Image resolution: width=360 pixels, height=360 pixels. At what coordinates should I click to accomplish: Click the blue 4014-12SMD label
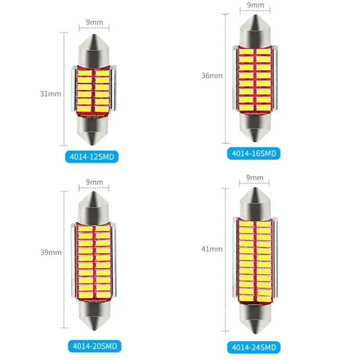pyautogui.click(x=92, y=157)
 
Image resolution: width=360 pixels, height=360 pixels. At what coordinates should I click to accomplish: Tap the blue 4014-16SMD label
pyautogui.click(x=254, y=153)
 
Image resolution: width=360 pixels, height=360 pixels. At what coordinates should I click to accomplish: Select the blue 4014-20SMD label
pyautogui.click(x=94, y=346)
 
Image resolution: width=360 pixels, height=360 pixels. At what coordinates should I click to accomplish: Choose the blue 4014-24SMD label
pyautogui.click(x=254, y=347)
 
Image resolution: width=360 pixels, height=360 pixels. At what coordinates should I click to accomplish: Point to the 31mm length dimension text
pyautogui.click(x=50, y=94)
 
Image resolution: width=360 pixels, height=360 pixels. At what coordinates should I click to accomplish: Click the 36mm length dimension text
pyautogui.click(x=212, y=76)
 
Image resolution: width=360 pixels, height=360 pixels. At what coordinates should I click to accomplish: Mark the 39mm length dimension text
pyautogui.click(x=51, y=252)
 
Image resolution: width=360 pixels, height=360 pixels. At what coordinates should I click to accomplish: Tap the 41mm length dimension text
pyautogui.click(x=212, y=249)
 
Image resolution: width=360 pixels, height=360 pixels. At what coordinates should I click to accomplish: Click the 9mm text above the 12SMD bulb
pyautogui.click(x=94, y=22)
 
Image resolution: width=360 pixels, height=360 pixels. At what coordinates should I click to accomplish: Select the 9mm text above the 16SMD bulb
pyautogui.click(x=255, y=5)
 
